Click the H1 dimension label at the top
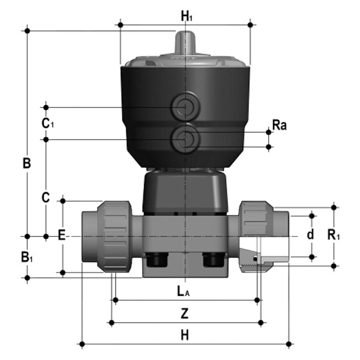coord(187,17)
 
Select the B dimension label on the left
coord(26,163)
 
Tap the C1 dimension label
coord(48,123)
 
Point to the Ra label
coord(279,125)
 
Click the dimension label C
coord(46,197)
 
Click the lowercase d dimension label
coord(310,234)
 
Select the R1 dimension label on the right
coord(333,235)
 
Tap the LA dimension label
coord(183,290)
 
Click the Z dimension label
coord(185,313)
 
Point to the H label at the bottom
coord(185,335)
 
